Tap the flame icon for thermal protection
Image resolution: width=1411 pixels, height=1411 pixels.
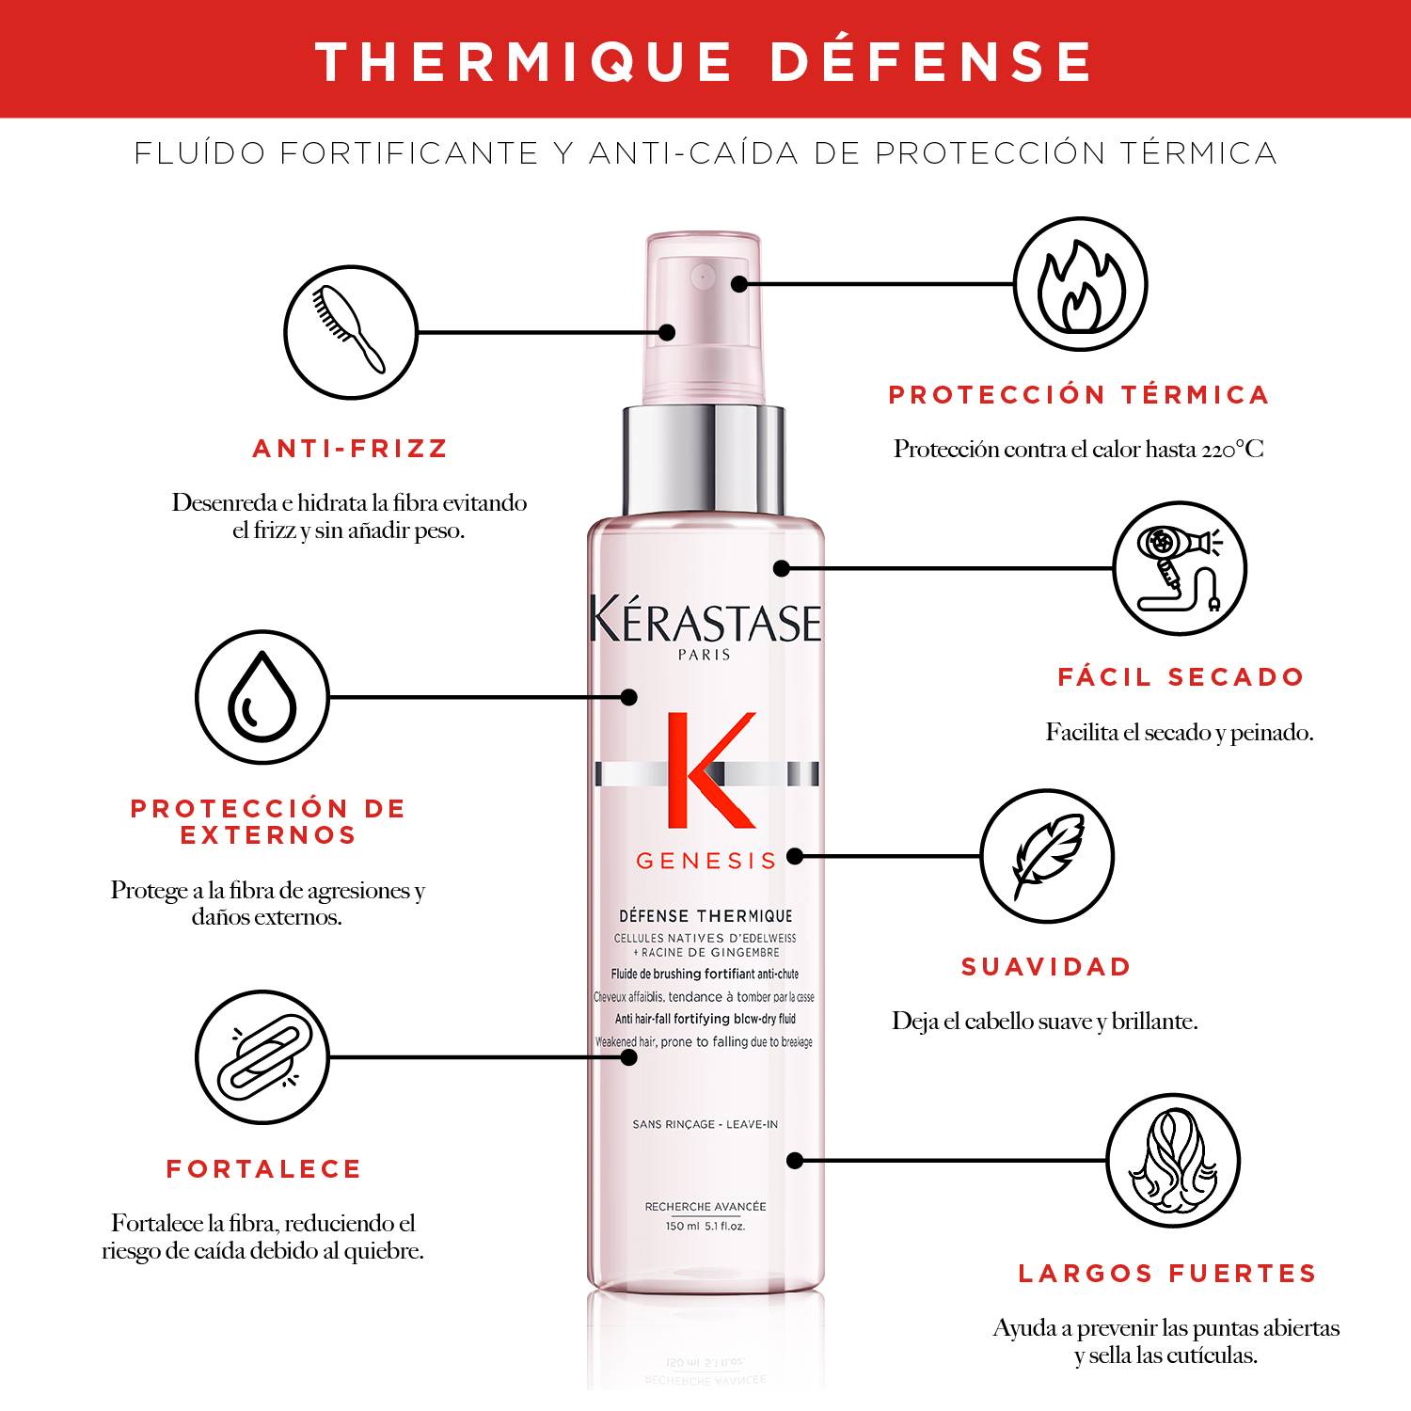(1081, 284)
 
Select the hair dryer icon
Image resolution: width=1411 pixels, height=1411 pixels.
(1180, 569)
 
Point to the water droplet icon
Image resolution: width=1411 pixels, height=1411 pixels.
(262, 696)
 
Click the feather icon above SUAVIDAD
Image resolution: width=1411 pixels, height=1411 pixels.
(1047, 856)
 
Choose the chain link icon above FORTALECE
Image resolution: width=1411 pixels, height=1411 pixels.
(262, 1057)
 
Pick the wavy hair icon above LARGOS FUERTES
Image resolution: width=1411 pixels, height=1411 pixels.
(1172, 1161)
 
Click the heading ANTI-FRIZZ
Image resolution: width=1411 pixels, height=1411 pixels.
(351, 449)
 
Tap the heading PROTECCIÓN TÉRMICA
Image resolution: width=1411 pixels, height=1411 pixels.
(1079, 395)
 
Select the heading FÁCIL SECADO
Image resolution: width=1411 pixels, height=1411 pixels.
(1181, 677)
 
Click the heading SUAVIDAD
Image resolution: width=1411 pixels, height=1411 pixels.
(1046, 967)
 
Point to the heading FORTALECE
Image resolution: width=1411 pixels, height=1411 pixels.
(264, 1169)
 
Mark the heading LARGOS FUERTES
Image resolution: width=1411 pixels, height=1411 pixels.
(1167, 1274)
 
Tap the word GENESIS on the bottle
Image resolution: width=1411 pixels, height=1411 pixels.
(706, 861)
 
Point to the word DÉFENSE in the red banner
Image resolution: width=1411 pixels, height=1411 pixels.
(930, 61)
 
